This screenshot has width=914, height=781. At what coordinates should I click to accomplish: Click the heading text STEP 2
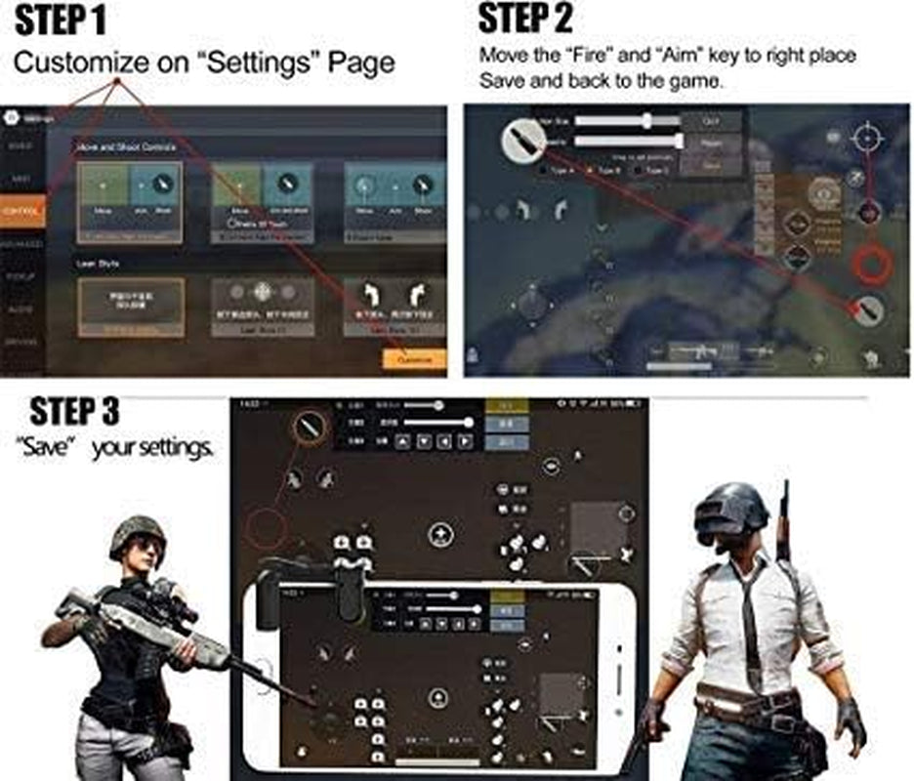[x=524, y=19]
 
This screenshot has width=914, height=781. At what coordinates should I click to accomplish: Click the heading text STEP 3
[x=74, y=411]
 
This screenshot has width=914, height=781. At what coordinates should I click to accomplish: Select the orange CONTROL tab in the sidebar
[x=21, y=211]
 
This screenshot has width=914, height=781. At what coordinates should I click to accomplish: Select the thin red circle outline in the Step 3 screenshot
[x=265, y=528]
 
